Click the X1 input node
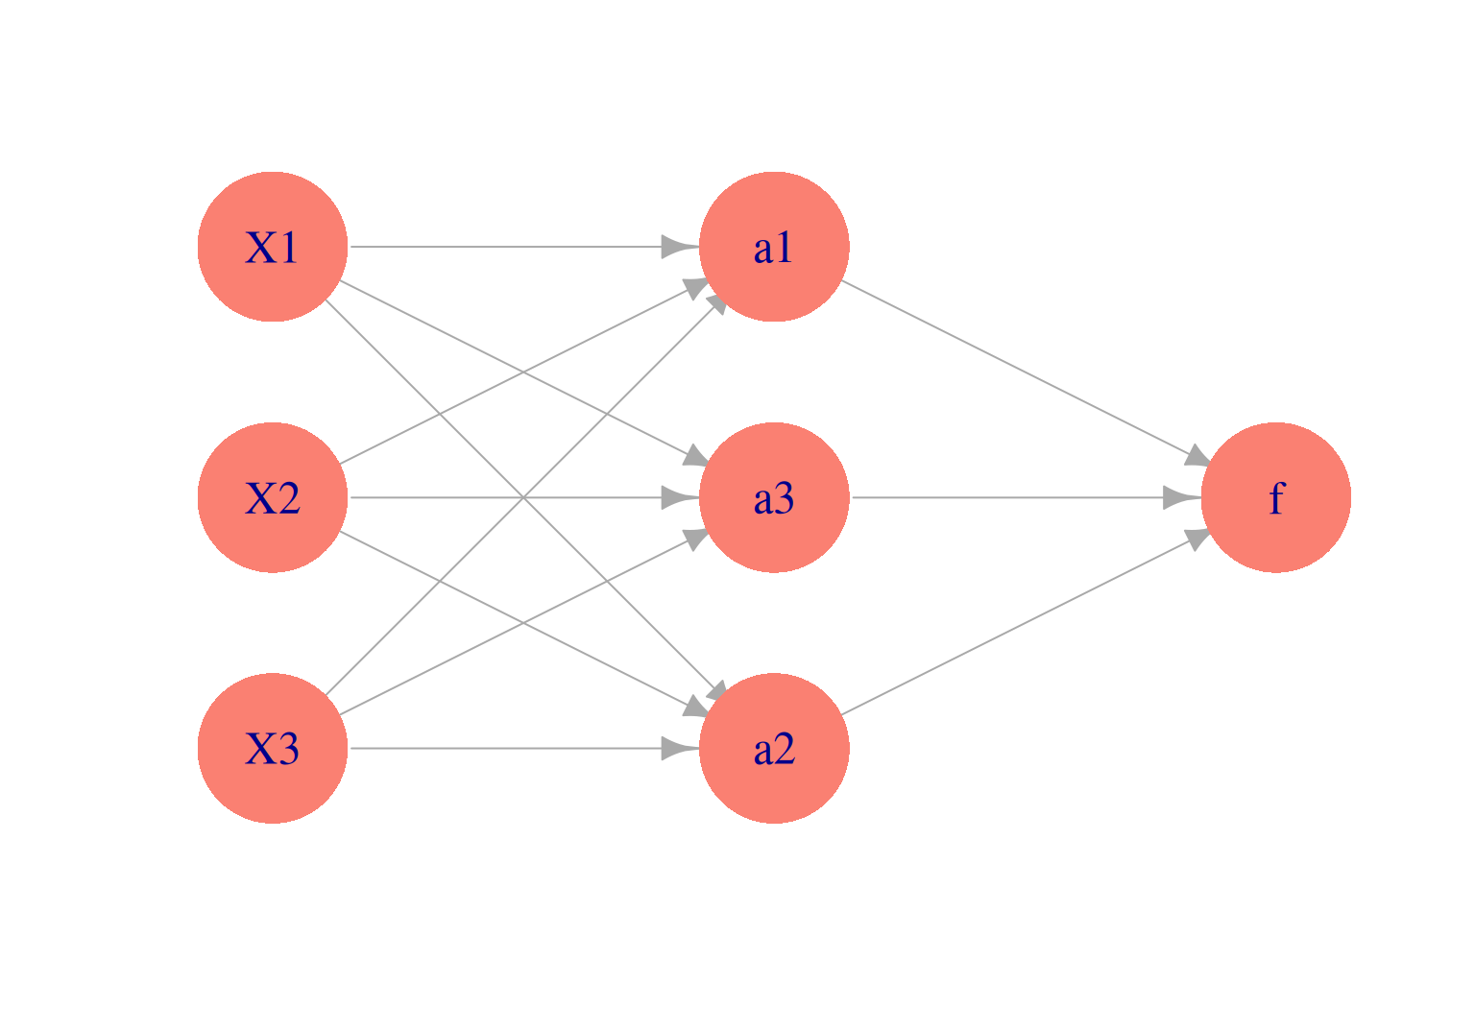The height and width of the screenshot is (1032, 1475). (273, 247)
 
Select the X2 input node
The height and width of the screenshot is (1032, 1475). (273, 497)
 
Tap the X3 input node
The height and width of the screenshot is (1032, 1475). (273, 748)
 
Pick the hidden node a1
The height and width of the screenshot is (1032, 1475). (774, 247)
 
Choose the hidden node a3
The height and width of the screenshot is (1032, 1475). (774, 497)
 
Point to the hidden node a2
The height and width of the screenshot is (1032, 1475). (774, 748)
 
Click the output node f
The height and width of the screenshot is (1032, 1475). (1275, 497)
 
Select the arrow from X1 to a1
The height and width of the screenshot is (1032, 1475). (499, 247)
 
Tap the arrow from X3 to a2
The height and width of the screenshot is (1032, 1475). (499, 748)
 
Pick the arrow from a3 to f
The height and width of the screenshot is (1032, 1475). (1008, 497)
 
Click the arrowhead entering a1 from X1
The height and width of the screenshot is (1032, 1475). (678, 247)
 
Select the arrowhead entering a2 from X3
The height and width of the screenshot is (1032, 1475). (678, 748)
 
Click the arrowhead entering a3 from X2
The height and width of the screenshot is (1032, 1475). (678, 497)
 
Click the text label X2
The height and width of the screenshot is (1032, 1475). (273, 498)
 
